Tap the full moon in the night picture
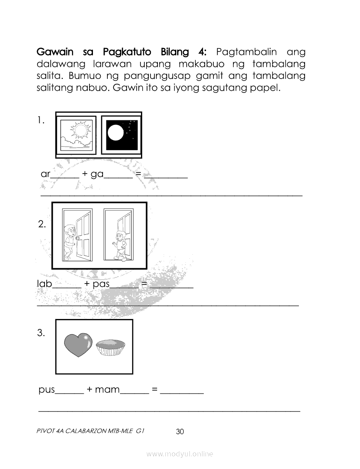click(116, 132)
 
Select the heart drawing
click(78, 345)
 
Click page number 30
click(180, 431)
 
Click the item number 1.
click(41, 120)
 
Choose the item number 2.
click(42, 225)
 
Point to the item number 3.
click(41, 333)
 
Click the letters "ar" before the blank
click(46, 174)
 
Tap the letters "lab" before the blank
click(45, 284)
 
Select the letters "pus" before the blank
click(47, 390)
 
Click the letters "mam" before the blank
click(107, 390)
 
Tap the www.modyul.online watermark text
click(180, 454)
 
